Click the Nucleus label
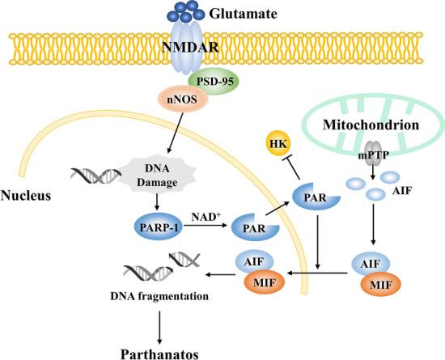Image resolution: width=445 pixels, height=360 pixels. click(x=27, y=195)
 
